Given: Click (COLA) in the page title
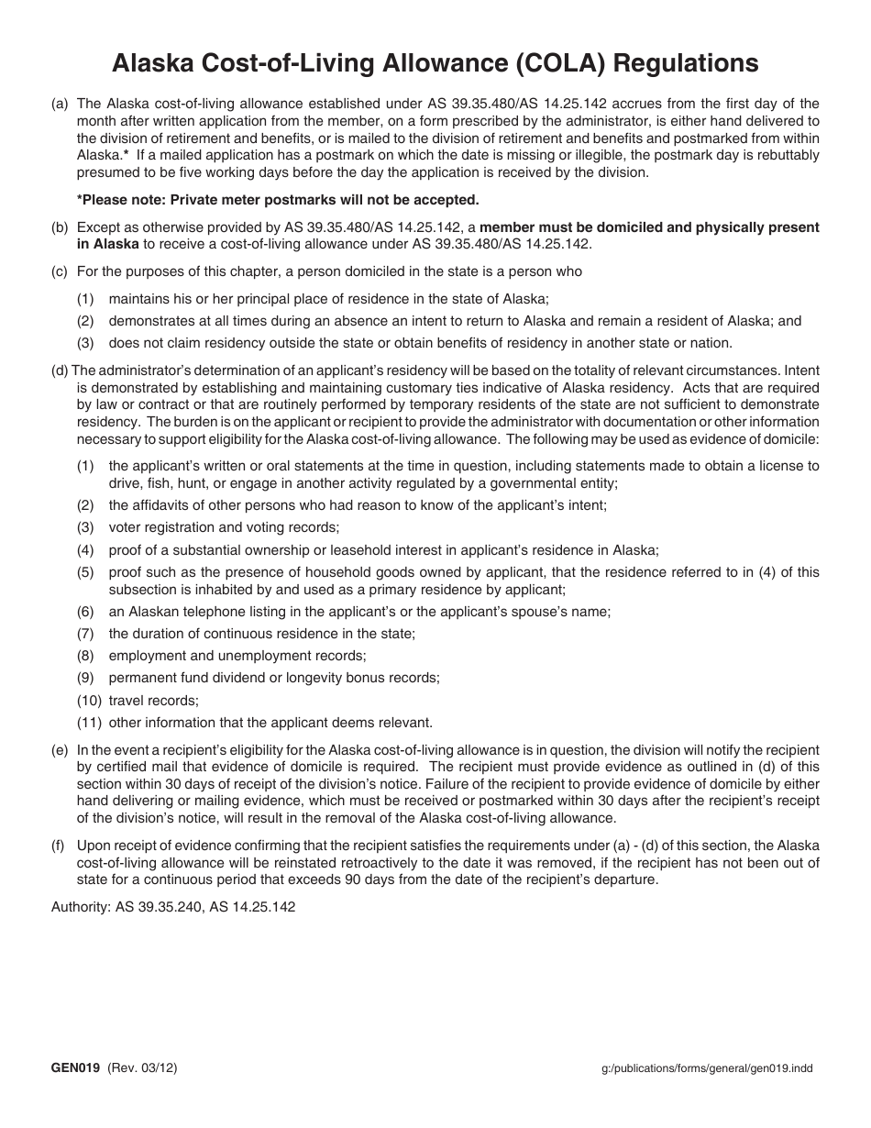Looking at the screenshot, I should tap(554, 63).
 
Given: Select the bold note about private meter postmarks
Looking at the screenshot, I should tap(278, 199).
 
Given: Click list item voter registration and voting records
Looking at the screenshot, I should tap(224, 527).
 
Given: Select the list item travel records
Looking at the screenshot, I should tap(153, 701).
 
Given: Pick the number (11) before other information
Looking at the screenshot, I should tap(88, 723).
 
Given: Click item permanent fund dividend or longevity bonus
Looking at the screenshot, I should tap(274, 678).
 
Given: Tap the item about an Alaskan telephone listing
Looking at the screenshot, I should tap(359, 612).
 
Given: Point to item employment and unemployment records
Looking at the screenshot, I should tap(237, 656).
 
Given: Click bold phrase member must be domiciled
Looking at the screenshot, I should tap(649, 227).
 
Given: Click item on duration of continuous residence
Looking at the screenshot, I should tap(261, 634).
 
